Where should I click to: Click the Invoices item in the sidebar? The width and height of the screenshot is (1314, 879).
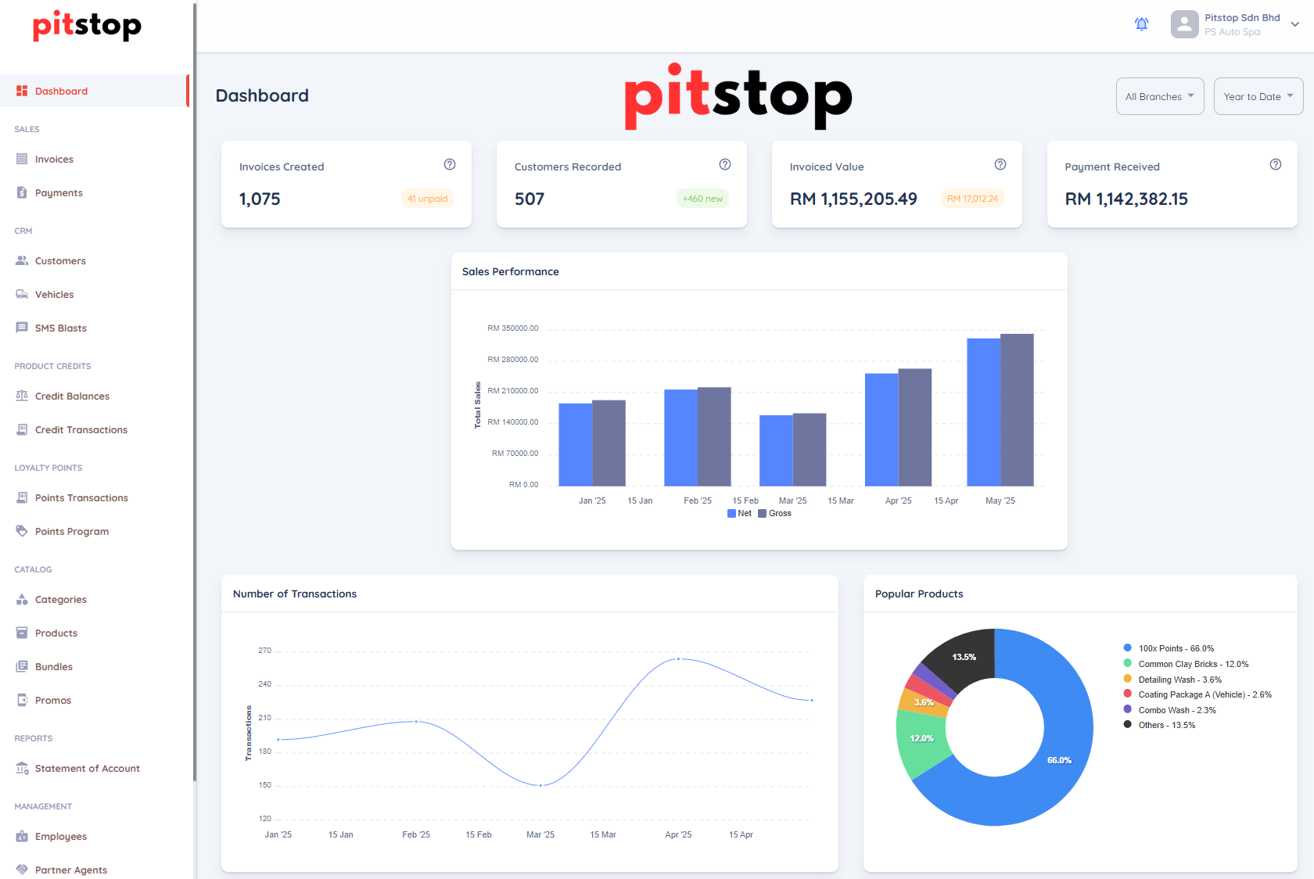click(54, 160)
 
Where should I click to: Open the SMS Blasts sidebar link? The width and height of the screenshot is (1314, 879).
click(60, 328)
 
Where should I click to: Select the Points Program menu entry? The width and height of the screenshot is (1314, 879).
click(71, 532)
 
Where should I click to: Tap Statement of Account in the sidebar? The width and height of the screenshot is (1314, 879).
click(87, 769)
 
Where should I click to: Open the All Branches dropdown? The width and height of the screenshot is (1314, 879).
click(1159, 97)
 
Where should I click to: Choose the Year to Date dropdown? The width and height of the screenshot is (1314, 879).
click(1258, 97)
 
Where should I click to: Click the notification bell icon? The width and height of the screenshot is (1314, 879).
click(1141, 24)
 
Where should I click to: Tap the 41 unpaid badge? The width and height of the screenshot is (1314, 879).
click(427, 199)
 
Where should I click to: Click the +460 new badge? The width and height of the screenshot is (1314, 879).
click(702, 199)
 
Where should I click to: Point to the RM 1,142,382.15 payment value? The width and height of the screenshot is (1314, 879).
click(1126, 199)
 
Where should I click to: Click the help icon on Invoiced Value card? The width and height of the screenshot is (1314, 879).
click(1000, 164)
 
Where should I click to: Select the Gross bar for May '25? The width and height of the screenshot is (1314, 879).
click(1017, 410)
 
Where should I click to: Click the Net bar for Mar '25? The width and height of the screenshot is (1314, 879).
click(776, 450)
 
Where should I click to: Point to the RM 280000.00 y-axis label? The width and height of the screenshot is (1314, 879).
click(513, 360)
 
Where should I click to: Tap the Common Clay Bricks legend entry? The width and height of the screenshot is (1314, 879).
click(1192, 664)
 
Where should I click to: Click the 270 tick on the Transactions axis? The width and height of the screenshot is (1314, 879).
click(264, 651)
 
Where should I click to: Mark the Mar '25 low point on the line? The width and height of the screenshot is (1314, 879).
click(540, 785)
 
